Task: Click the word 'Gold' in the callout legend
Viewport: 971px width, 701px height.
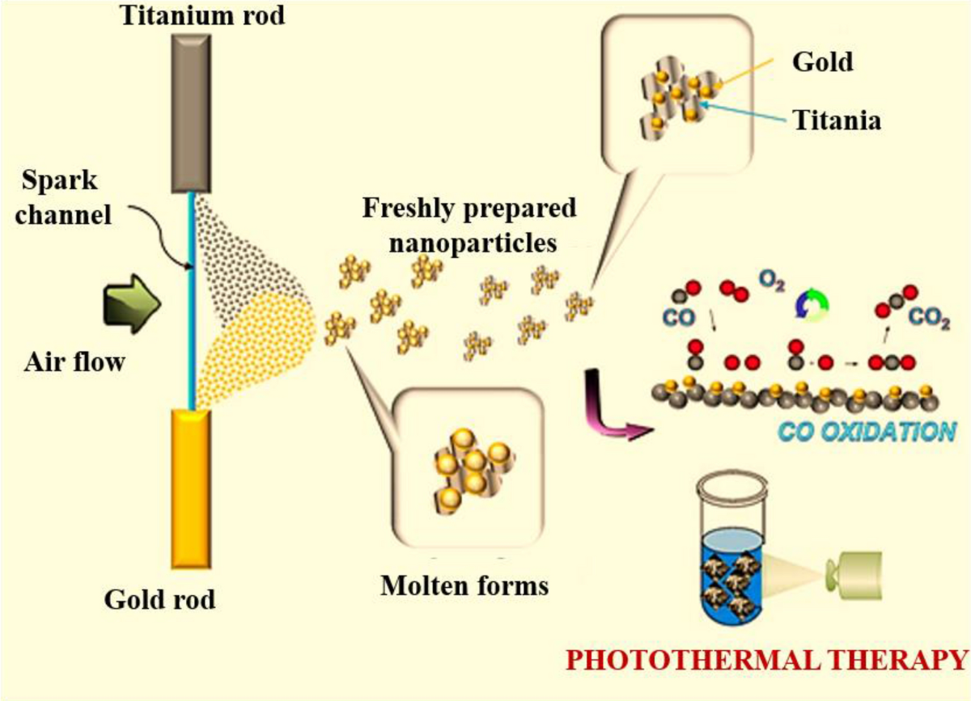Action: pyautogui.click(x=822, y=61)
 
